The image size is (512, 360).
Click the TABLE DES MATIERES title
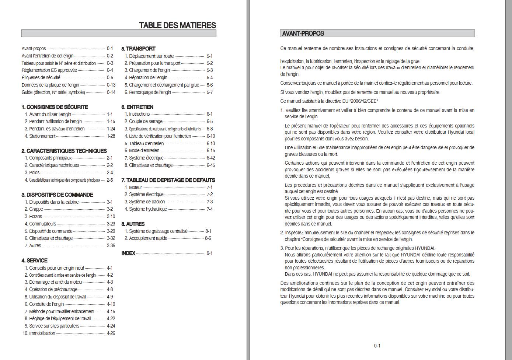pyautogui.click(x=177, y=25)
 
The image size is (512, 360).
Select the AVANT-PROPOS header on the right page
pyautogui.click(x=303, y=34)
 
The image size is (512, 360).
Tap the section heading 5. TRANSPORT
pyautogui.click(x=138, y=49)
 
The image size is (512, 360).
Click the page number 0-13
pyautogui.click(x=111, y=85)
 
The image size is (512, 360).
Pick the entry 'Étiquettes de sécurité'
pyautogui.click(x=41, y=78)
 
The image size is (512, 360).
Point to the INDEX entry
pyautogui.click(x=128, y=253)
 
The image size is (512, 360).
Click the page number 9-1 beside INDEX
pyautogui.click(x=209, y=253)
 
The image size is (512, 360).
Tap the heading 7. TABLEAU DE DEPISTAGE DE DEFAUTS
pyautogui.click(x=168, y=180)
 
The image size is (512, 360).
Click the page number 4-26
pyautogui.click(x=111, y=333)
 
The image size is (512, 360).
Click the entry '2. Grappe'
pyautogui.click(x=34, y=209)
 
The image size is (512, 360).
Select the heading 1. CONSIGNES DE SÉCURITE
pyautogui.click(x=55, y=107)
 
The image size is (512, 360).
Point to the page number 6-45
pyautogui.click(x=211, y=165)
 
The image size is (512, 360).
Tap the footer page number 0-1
pyautogui.click(x=377, y=346)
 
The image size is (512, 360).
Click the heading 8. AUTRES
pyautogui.click(x=133, y=224)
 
